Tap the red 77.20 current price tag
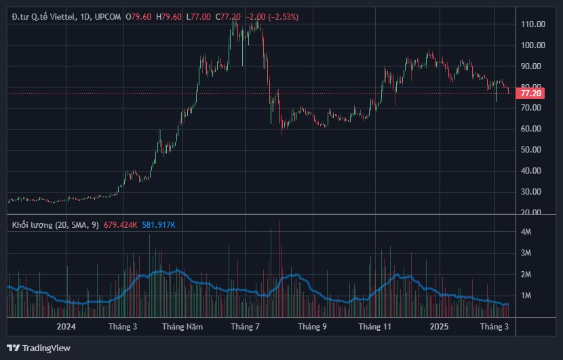pos(530,92)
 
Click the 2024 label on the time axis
pos(66,327)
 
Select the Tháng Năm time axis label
pos(182,327)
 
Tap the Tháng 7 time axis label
pos(246,327)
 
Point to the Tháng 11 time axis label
pos(375,327)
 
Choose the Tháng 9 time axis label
pos(311,327)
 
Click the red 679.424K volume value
pos(121,224)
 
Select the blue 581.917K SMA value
pos(159,224)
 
